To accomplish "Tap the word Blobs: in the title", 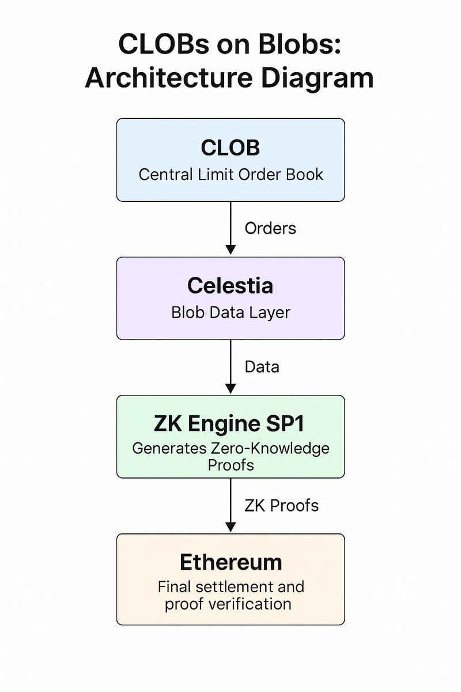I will click(299, 46).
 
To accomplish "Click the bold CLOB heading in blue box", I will click(231, 148).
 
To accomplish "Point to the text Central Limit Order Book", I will click(231, 174).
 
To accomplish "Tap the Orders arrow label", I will click(270, 228).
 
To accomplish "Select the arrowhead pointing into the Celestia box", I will click(231, 249).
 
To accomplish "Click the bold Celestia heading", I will click(231, 286).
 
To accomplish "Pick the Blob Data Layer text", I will click(231, 313).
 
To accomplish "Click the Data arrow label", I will click(262, 367).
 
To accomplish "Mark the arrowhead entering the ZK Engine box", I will click(231, 388).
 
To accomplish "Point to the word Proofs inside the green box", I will click(231, 464).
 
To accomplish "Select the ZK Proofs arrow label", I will click(281, 506).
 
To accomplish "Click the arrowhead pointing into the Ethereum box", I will click(231, 526).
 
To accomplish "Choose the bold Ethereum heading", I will click(231, 562).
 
